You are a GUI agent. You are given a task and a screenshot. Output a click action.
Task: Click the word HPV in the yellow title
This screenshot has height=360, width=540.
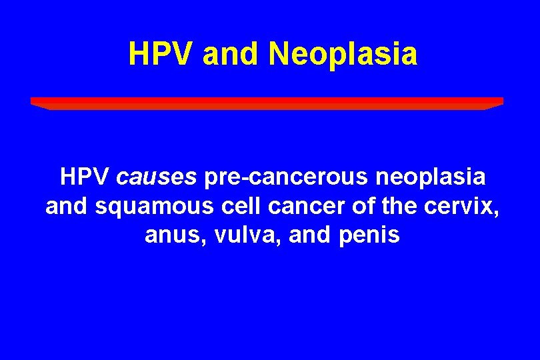coord(161,54)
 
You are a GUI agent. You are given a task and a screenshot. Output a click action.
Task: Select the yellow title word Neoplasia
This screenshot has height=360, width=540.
coord(343,54)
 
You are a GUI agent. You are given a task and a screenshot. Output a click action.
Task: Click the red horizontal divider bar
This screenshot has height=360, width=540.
coord(267,102)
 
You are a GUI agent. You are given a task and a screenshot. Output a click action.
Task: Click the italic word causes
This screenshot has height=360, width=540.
coord(157,177)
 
